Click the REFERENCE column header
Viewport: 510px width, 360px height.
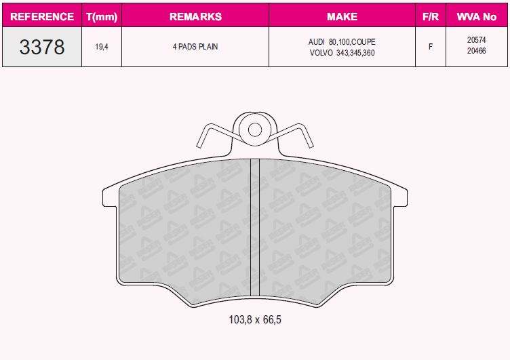pos(42,16)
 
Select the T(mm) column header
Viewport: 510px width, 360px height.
pos(102,16)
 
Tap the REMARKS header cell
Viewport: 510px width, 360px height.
pos(195,16)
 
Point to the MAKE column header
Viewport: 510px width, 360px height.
pos(342,16)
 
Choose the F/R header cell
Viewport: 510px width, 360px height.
pos(431,16)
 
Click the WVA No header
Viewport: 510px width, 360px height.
pos(477,16)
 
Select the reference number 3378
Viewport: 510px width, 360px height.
pos(42,47)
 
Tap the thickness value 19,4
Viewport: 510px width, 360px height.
pos(102,47)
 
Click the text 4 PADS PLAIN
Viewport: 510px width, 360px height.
pos(195,47)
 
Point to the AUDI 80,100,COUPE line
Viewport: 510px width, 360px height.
pos(342,41)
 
